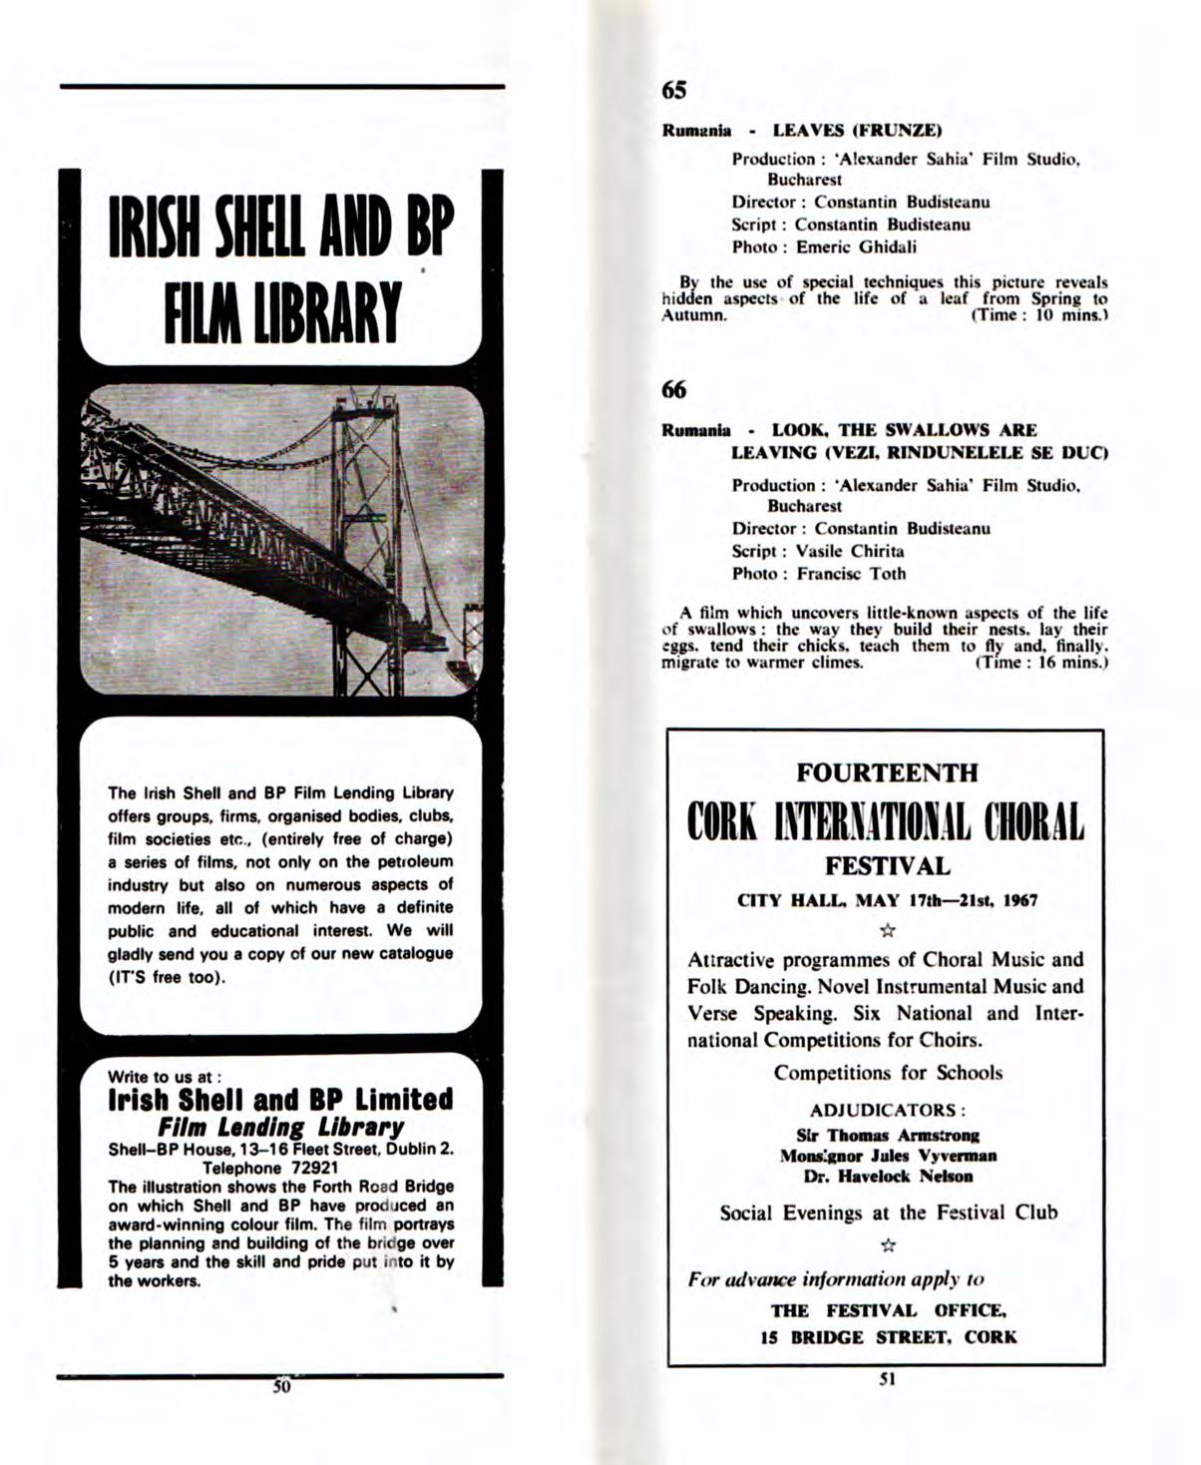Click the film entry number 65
coord(674,91)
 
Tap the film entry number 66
coord(674,390)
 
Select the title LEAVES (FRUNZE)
coord(858,131)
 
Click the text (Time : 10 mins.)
coord(1040,315)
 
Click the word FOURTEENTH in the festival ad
coord(886,772)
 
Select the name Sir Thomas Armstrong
coord(888,1135)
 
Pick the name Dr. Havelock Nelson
coord(888,1176)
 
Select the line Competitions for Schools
coord(888,1073)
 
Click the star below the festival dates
coord(888,930)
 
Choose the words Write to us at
coord(164,1077)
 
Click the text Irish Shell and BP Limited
coord(280,1100)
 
